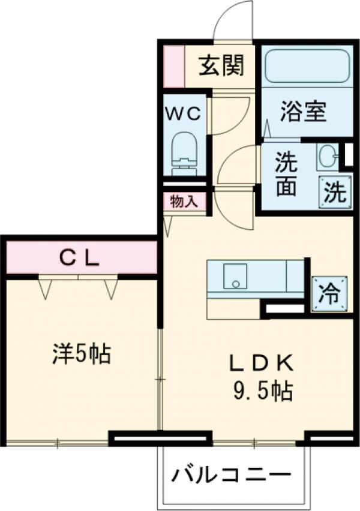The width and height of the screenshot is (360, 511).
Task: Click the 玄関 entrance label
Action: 221,65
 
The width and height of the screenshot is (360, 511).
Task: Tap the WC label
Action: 183,113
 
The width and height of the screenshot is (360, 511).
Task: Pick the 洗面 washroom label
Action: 286,175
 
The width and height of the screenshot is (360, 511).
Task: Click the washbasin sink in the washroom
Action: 328,157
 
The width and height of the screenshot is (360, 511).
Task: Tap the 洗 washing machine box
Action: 335,192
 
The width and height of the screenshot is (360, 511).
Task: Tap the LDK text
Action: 262,363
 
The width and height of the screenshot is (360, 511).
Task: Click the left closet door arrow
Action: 45,289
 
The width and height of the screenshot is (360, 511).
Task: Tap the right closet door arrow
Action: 111,289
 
